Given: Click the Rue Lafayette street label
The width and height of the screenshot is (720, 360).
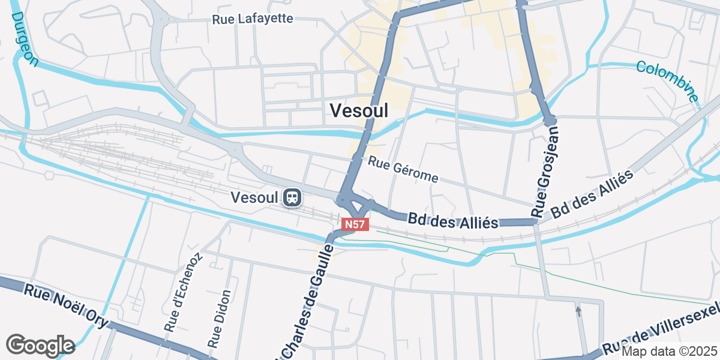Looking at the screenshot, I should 253,19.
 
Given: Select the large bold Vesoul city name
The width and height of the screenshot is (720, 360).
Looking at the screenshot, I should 359,110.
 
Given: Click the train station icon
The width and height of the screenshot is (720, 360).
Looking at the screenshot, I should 292,197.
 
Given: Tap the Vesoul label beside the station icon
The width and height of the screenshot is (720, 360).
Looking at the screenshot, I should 254,197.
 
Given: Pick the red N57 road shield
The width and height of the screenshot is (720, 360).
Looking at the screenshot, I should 355,224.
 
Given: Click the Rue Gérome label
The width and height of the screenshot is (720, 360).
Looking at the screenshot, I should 403,170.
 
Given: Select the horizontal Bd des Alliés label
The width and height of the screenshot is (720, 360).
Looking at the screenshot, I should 453,220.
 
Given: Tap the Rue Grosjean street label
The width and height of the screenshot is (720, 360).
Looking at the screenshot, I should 544,171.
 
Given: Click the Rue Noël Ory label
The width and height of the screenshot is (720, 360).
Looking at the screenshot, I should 66,306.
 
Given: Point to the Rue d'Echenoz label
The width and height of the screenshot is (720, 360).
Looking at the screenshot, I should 183,292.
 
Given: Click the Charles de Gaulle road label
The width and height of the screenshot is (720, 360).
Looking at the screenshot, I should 306,300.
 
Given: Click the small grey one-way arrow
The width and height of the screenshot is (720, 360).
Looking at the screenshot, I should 578,311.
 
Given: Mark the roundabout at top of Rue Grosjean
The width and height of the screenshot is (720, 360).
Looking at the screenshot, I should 550,121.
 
